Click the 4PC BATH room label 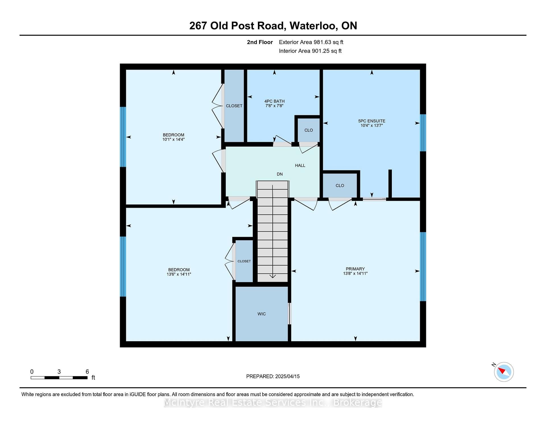tap(274, 101)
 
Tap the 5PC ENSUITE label tap(372, 121)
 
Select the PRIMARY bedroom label tap(355, 269)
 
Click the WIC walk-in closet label tap(262, 314)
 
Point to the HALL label tap(300, 166)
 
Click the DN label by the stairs tap(280, 174)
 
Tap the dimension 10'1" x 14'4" tap(173, 139)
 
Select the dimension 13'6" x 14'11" tap(179, 274)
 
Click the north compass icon tap(503, 371)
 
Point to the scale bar tap(59, 378)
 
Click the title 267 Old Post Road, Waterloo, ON tap(273, 26)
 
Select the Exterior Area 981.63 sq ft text tap(311, 42)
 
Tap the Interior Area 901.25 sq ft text tap(310, 51)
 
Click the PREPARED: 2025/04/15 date tap(273, 376)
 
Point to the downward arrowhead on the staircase tap(273, 276)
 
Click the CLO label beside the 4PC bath tap(309, 130)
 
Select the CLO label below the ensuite tap(340, 185)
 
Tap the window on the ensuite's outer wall tap(423, 133)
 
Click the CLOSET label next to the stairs tap(244, 261)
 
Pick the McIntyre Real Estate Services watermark tap(273, 402)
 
